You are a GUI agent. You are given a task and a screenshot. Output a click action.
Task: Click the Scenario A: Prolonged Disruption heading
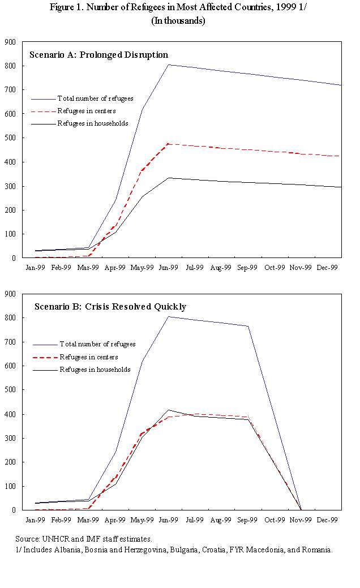[x=98, y=55]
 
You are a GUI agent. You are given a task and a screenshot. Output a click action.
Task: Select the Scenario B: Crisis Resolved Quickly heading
[x=110, y=307]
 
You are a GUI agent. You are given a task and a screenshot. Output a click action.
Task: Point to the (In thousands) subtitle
[x=178, y=20]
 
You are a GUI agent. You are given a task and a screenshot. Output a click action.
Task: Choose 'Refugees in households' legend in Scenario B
[x=95, y=370]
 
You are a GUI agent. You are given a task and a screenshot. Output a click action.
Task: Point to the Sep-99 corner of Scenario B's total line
[x=248, y=326]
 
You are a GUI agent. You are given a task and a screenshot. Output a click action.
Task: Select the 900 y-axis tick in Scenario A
[x=10, y=42]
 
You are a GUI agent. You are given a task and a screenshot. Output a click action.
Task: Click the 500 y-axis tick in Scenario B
[x=10, y=390]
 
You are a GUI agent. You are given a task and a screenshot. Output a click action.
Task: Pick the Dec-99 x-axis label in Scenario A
[x=328, y=266]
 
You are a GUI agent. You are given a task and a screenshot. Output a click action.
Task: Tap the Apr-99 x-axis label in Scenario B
[x=115, y=518]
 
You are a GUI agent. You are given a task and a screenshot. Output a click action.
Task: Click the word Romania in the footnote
[x=317, y=550]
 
